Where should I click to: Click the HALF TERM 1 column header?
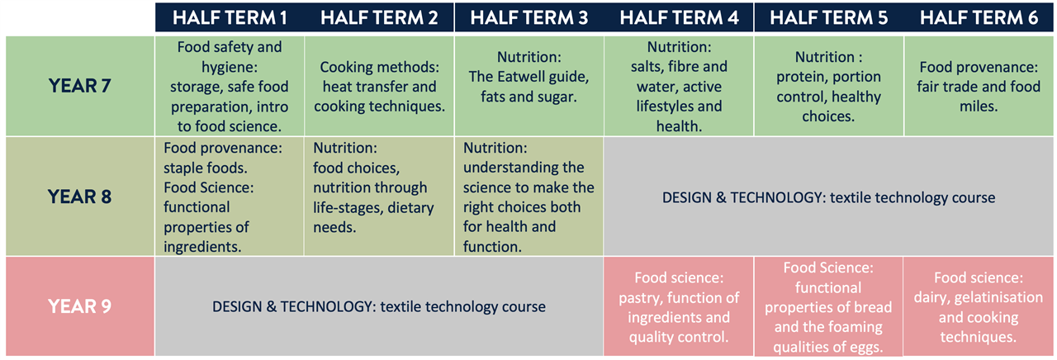point(230,18)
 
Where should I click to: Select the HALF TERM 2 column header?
point(379,18)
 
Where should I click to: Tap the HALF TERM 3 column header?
point(529,18)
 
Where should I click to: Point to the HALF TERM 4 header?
point(679,18)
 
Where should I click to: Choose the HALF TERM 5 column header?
point(828,18)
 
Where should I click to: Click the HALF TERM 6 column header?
point(979,18)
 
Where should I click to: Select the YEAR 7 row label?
point(80,86)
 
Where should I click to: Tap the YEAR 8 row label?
point(80,197)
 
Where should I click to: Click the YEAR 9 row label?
point(80,306)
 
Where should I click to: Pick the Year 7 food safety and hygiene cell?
point(230,86)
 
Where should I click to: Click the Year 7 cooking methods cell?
point(379,86)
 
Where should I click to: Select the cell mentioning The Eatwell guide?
point(529,86)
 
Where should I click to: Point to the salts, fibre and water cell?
point(679,86)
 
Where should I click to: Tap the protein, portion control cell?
point(828,86)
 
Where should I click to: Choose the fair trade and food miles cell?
point(979,86)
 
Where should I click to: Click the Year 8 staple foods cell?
point(230,197)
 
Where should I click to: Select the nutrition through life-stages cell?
point(379,197)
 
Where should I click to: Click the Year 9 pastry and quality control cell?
point(679,306)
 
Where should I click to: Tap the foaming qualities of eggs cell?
point(828,306)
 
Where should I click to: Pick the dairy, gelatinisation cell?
point(979,306)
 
